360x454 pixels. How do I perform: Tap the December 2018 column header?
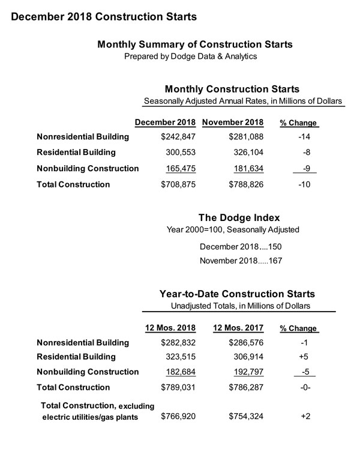(166, 123)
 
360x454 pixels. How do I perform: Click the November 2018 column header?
(234, 123)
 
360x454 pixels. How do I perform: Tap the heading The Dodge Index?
(238, 217)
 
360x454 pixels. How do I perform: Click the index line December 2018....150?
(238, 246)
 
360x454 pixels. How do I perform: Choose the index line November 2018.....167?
(238, 261)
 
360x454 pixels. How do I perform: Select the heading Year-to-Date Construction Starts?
(237, 294)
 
